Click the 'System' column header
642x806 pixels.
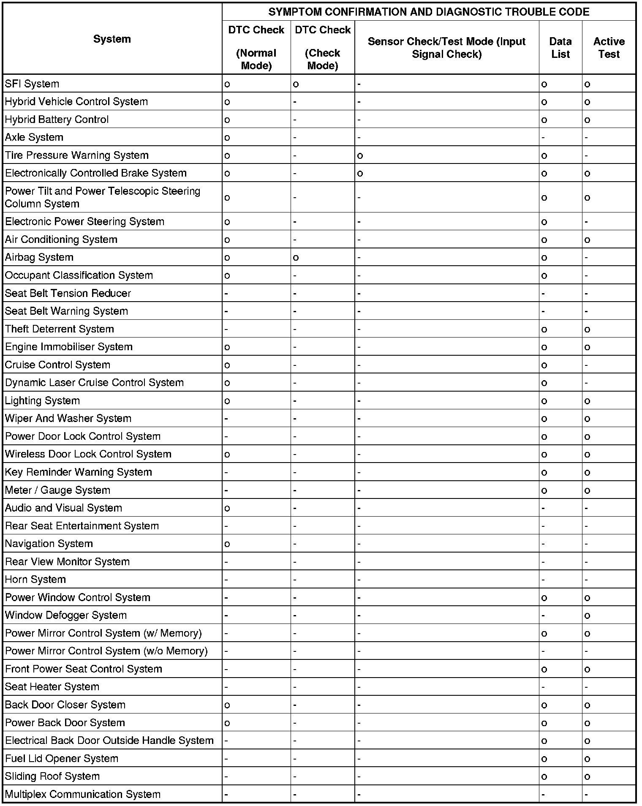(112, 39)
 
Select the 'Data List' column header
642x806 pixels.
(560, 48)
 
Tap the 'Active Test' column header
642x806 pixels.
(609, 48)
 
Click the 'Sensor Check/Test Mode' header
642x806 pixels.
(446, 48)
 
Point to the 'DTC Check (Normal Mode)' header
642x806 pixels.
(256, 48)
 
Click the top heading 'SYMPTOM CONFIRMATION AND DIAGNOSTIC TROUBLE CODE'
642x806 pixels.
(429, 12)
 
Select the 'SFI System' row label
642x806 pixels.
(32, 84)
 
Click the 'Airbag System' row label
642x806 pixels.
(39, 257)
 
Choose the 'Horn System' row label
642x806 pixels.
(35, 579)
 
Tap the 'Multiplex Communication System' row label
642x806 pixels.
(83, 794)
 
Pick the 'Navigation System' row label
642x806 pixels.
(49, 544)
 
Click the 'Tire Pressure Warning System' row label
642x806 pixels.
(77, 155)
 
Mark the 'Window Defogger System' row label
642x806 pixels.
(66, 615)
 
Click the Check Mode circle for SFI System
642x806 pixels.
(296, 84)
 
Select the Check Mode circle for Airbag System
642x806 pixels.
(296, 258)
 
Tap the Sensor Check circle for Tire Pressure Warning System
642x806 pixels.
(360, 156)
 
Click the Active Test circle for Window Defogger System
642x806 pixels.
(587, 616)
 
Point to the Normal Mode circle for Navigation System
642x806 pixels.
(227, 544)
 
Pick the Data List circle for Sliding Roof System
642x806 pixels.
(544, 777)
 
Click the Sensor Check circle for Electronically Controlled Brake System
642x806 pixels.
(360, 174)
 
